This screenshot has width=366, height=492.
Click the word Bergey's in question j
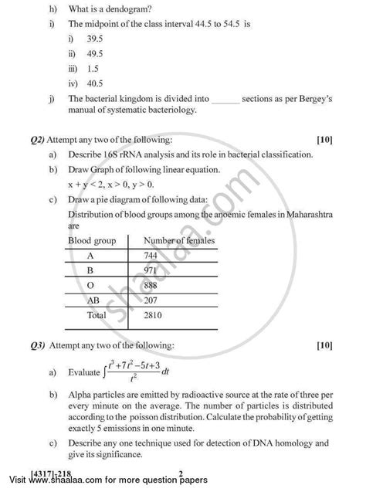coord(315,99)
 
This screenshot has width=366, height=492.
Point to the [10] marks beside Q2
coord(324,141)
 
